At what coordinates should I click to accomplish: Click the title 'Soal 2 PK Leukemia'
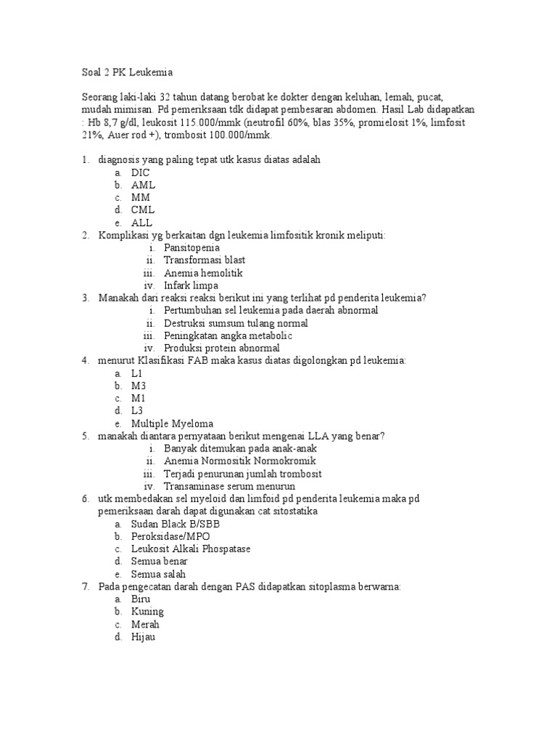[x=126, y=72]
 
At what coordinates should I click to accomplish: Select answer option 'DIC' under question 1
[x=141, y=172]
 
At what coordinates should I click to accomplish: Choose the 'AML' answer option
[x=143, y=185]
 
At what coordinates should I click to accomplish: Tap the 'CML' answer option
[x=143, y=210]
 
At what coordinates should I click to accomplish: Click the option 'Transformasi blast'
[x=205, y=260]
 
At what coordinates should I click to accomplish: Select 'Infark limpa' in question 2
[x=191, y=285]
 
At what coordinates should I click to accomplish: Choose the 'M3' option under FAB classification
[x=139, y=385]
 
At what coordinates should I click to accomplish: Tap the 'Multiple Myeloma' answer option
[x=173, y=423]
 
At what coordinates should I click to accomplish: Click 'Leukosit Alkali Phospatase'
[x=191, y=549]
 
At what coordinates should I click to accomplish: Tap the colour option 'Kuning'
[x=147, y=612]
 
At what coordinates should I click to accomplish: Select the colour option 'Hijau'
[x=144, y=637]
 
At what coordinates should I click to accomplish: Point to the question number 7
[x=85, y=586]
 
